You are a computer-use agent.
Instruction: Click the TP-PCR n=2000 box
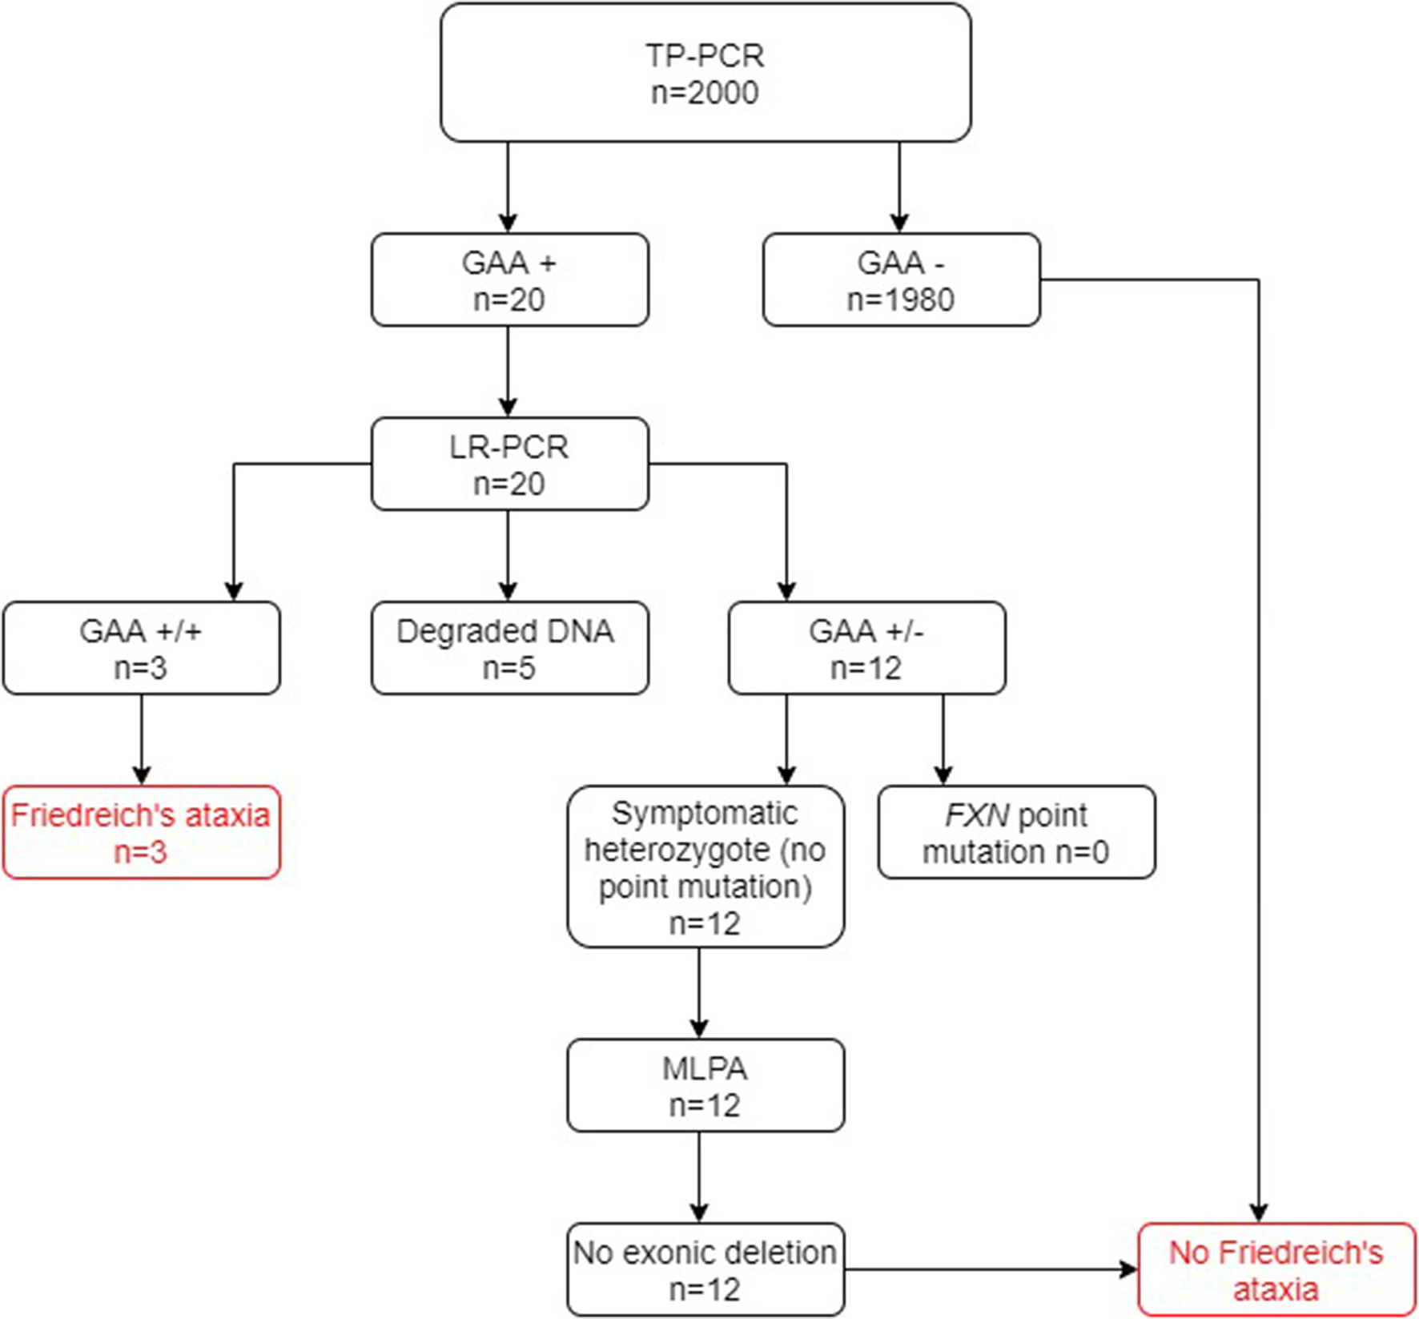(705, 73)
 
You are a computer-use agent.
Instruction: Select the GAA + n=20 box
(509, 279)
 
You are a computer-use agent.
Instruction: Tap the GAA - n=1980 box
(901, 279)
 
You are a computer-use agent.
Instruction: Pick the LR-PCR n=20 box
(509, 464)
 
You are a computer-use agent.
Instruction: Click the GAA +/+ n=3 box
(141, 648)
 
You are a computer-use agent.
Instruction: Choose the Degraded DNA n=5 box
(509, 648)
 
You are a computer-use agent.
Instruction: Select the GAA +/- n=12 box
(866, 648)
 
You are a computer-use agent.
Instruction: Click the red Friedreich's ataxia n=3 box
(141, 833)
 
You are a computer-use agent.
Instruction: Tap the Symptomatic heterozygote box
(705, 867)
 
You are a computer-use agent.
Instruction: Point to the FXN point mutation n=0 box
(1016, 833)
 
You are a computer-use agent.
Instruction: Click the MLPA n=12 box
(705, 1086)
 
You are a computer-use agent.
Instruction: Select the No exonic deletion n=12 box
(705, 1270)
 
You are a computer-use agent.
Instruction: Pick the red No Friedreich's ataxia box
(1276, 1270)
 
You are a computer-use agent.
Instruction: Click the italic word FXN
(976, 816)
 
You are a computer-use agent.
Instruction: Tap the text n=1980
(901, 300)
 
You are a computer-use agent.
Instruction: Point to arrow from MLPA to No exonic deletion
(699, 1177)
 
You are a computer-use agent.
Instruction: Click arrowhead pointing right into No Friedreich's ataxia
(1129, 1269)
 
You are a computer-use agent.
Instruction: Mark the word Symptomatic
(705, 814)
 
